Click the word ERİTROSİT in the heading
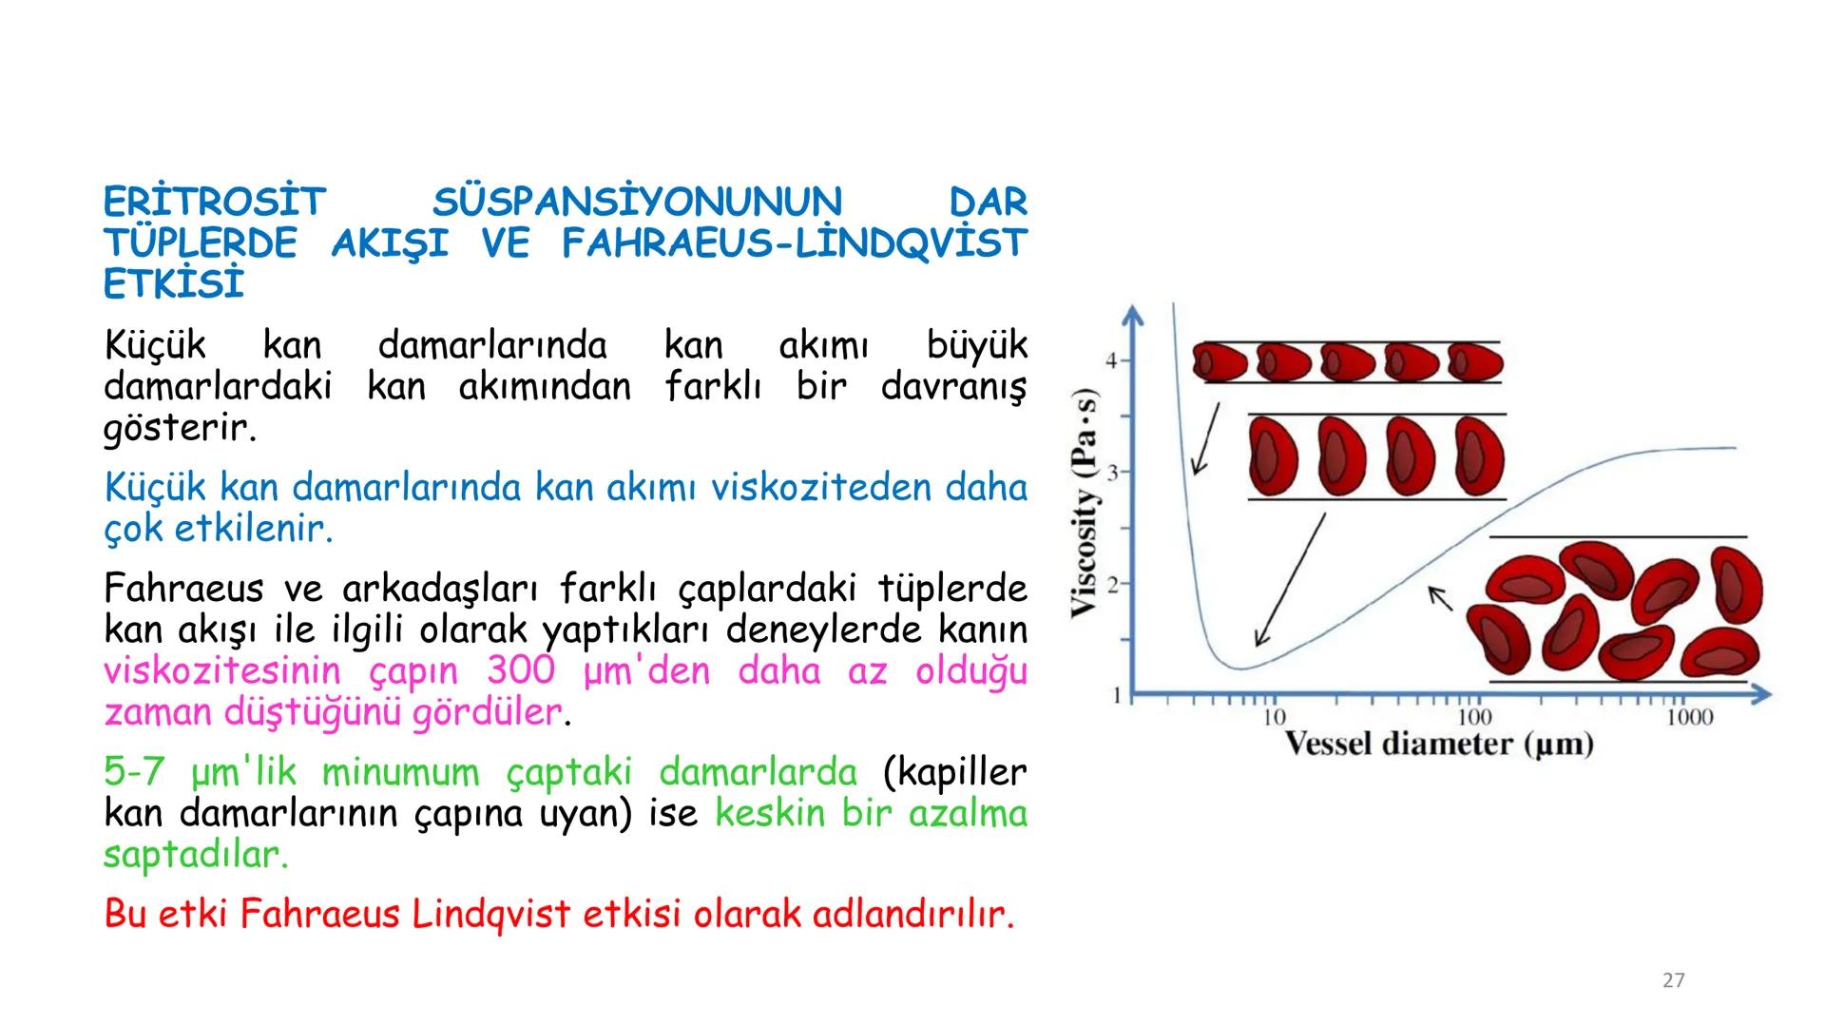point(214,203)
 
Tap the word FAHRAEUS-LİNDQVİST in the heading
point(794,244)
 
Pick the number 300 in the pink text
point(520,671)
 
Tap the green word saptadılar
point(195,855)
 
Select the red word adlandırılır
point(913,915)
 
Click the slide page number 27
point(1673,980)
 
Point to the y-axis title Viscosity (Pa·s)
point(1085,504)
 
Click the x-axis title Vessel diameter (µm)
point(1439,745)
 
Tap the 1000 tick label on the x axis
point(1689,717)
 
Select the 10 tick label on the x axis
point(1274,717)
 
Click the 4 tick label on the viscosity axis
point(1111,360)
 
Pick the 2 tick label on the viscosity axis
point(1111,584)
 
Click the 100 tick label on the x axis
point(1474,717)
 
